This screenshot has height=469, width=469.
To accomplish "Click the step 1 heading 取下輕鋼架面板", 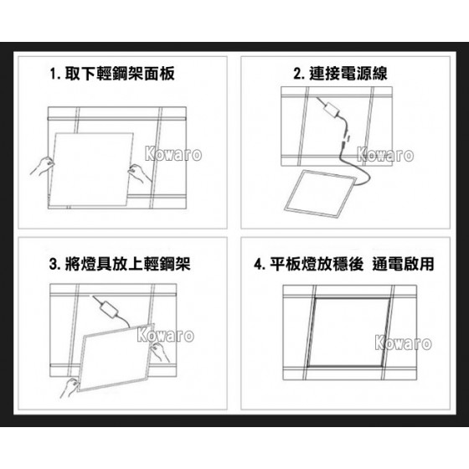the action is coord(120,74).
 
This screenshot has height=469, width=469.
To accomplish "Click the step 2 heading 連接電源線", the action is coord(348,74).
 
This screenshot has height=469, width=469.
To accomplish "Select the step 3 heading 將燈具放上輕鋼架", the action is coord(127,264).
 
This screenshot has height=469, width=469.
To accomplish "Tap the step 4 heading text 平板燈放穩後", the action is coord(317,264).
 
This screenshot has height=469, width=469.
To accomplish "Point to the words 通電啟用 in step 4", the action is coord(403,264).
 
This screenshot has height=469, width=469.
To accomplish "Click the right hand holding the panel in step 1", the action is coord(140,173).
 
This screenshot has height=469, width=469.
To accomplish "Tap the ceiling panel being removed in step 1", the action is coord(91,169).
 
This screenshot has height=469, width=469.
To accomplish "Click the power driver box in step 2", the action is coord(332,110).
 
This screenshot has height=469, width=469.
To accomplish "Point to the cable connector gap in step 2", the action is coord(347,139).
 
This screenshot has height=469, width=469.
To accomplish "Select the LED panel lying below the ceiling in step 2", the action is coord(321,193).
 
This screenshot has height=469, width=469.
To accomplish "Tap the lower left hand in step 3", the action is coord(70,388).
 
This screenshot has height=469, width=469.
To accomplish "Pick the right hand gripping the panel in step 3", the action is coord(159,352).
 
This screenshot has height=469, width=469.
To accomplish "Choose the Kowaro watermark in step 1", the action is coord(173,154).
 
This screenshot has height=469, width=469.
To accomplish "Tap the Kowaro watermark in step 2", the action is coord(385,155).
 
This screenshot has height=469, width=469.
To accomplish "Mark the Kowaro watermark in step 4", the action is coord(403,343).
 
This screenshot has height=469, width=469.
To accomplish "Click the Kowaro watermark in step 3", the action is coord(166,335).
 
